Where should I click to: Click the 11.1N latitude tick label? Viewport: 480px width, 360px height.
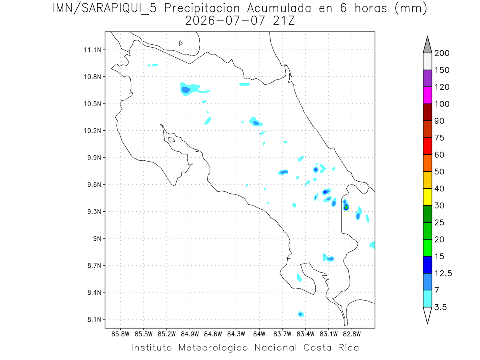(x=92, y=50)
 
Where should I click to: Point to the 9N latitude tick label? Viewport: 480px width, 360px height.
(x=97, y=238)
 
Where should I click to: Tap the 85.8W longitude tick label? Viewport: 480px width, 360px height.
(x=120, y=334)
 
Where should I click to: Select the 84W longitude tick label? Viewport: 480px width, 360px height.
(x=259, y=334)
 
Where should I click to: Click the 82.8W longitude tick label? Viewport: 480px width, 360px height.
(x=352, y=334)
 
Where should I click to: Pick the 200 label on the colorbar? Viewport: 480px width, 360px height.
(x=442, y=53)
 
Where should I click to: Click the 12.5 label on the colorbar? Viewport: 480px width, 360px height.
(x=443, y=274)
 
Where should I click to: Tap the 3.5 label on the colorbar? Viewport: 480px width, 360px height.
(x=440, y=307)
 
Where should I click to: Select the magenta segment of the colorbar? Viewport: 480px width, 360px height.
(x=427, y=95)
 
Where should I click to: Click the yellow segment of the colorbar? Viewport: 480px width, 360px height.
(x=427, y=197)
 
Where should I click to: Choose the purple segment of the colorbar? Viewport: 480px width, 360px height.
(x=427, y=78)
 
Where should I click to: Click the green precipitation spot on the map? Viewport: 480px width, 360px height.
(x=346, y=207)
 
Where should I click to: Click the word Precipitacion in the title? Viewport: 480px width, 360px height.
(x=202, y=8)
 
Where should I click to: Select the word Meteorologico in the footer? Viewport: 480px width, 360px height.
(x=213, y=348)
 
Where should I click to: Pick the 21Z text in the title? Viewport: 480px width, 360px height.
(x=284, y=21)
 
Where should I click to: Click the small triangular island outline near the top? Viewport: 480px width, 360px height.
(x=180, y=43)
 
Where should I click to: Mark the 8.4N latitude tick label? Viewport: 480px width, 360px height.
(x=94, y=292)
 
